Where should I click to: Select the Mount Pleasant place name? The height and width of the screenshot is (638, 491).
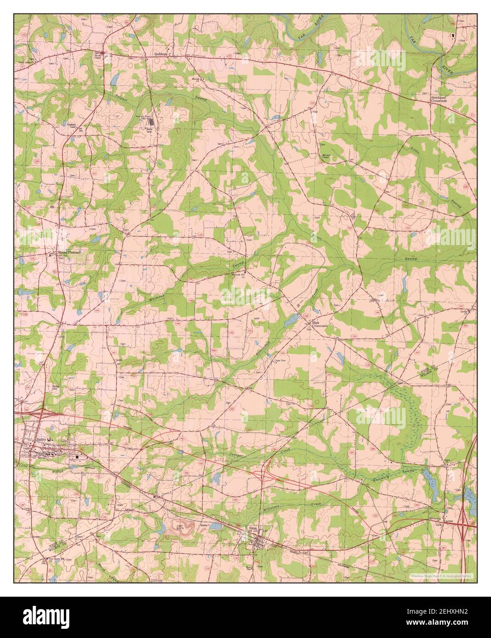point(68,252)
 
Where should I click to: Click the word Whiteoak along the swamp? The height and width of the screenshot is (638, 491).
point(155,294)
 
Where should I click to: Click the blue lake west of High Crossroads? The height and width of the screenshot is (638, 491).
point(290,321)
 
